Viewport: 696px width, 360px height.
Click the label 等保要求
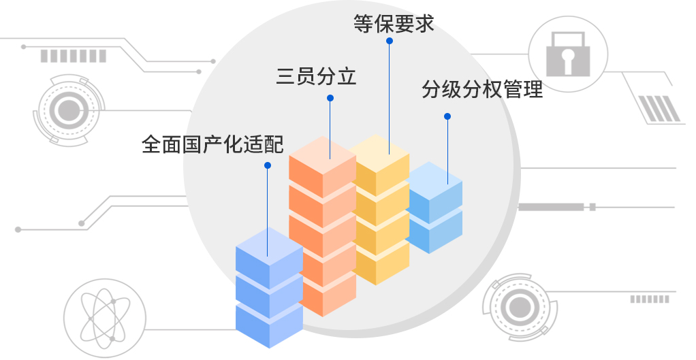394,23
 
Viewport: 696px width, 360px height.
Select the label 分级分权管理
481,89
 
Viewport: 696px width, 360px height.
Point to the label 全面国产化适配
212,144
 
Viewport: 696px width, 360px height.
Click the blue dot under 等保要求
390,41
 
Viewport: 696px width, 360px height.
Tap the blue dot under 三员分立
330,98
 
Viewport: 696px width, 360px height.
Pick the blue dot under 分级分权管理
447,116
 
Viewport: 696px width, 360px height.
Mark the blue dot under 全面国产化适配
268,165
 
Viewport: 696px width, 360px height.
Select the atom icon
103,318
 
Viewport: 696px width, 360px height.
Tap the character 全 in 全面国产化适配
151,144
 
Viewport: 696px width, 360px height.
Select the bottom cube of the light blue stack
434,231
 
